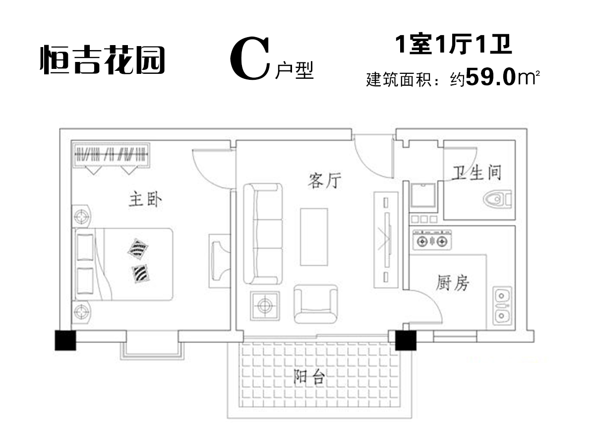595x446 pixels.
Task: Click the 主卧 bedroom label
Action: [x=145, y=200]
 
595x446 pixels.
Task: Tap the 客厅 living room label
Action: [x=324, y=180]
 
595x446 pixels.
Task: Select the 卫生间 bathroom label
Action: [x=477, y=172]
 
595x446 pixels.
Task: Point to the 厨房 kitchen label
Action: [x=452, y=282]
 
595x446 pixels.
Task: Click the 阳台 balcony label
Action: [x=309, y=377]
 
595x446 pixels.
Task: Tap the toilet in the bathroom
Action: [x=497, y=199]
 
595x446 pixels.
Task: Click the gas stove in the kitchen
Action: [x=432, y=240]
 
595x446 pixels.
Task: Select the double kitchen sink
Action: [x=502, y=306]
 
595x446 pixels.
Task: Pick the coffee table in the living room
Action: [x=314, y=237]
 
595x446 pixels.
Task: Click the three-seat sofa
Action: [x=263, y=234]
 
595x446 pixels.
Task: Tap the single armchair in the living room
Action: [x=315, y=304]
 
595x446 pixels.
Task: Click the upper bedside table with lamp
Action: [x=81, y=216]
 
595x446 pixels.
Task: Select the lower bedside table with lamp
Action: [x=81, y=312]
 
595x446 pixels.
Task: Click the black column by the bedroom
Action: [x=65, y=340]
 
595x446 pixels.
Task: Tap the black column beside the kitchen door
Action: [x=406, y=340]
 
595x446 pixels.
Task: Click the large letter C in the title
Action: [x=250, y=59]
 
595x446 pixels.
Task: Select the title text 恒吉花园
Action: [x=103, y=59]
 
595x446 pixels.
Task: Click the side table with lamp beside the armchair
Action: [x=265, y=306]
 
